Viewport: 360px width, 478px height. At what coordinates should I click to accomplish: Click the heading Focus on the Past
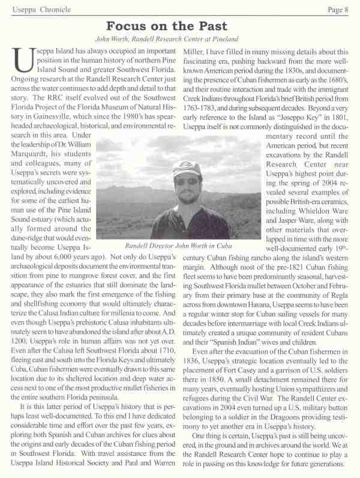coord(166,26)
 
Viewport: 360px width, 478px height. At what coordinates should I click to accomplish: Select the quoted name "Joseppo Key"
coord(295,119)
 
